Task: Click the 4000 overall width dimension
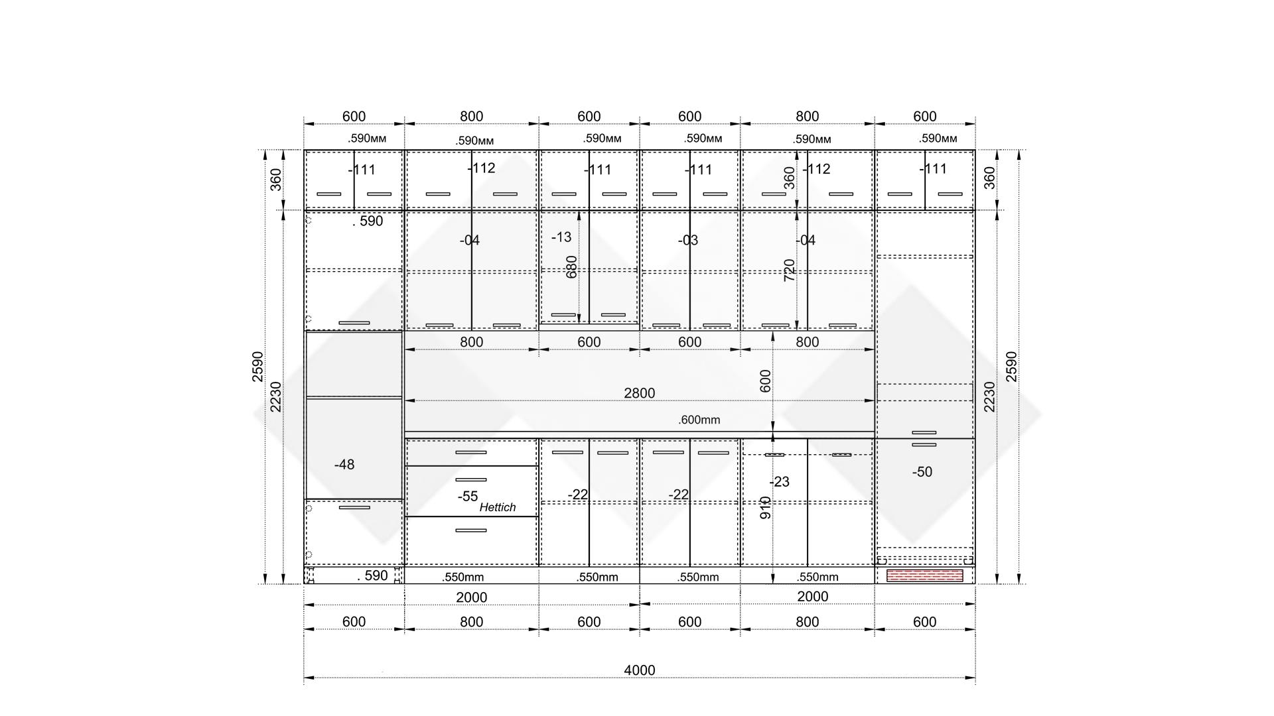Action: [x=639, y=670]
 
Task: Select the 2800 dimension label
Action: [x=639, y=393]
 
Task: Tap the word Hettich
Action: [x=497, y=507]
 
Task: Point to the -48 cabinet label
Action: [x=344, y=465]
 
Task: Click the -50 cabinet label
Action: [x=922, y=472]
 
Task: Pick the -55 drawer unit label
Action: [x=467, y=497]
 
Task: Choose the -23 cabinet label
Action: [x=779, y=482]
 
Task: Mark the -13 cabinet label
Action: [x=561, y=237]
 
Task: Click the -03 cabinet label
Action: [x=687, y=240]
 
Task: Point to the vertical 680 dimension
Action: [x=571, y=267]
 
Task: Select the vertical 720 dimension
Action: [x=789, y=270]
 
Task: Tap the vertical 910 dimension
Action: [x=765, y=508]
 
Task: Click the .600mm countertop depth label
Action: [x=699, y=420]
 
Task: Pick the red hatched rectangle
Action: [x=924, y=575]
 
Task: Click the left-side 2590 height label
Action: [x=257, y=367]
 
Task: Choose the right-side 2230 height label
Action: [x=989, y=396]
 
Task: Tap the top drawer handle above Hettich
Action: [x=470, y=452]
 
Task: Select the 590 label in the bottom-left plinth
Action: [x=373, y=575]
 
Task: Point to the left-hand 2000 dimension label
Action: [x=471, y=597]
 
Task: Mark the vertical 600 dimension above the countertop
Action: [x=765, y=381]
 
